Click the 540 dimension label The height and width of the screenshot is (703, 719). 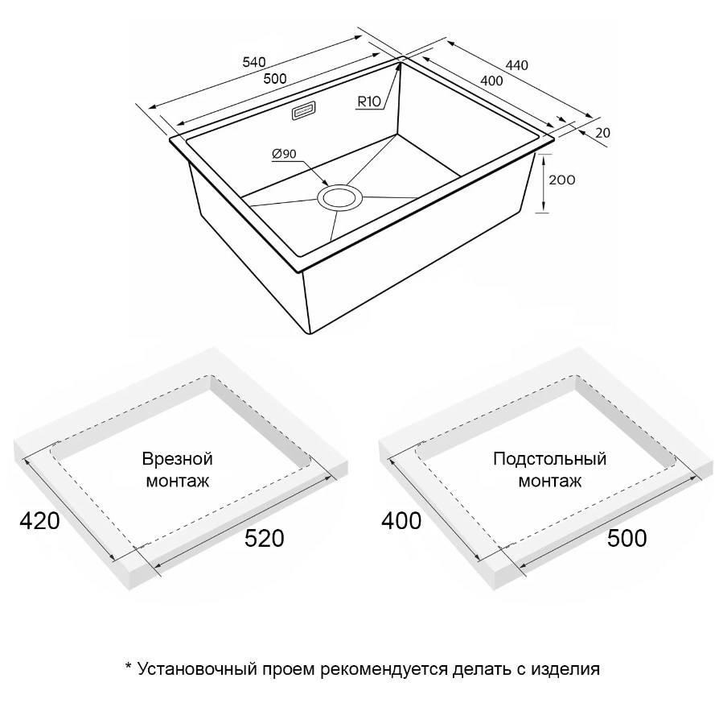(x=254, y=61)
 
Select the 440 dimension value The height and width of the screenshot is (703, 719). (x=517, y=65)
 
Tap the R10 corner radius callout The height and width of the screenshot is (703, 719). (x=369, y=101)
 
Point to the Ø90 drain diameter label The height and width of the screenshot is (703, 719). (x=284, y=154)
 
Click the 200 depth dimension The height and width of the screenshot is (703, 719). (x=561, y=180)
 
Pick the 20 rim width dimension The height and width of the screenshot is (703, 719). (x=603, y=133)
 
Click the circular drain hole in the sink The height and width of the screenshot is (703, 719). (x=339, y=197)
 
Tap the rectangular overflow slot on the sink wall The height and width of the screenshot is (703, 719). (x=303, y=111)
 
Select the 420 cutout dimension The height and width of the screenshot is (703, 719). (x=40, y=521)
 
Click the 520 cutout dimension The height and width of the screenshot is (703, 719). (x=264, y=538)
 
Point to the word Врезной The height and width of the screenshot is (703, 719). (x=178, y=459)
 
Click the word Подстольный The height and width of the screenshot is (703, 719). (x=550, y=459)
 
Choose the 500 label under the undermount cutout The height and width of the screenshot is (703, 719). (x=627, y=538)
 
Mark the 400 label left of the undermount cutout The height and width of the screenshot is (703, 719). (x=401, y=521)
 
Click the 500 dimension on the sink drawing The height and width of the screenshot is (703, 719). (x=275, y=79)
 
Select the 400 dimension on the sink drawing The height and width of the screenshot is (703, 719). (x=491, y=81)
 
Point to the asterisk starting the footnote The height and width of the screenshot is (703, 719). (x=129, y=666)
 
